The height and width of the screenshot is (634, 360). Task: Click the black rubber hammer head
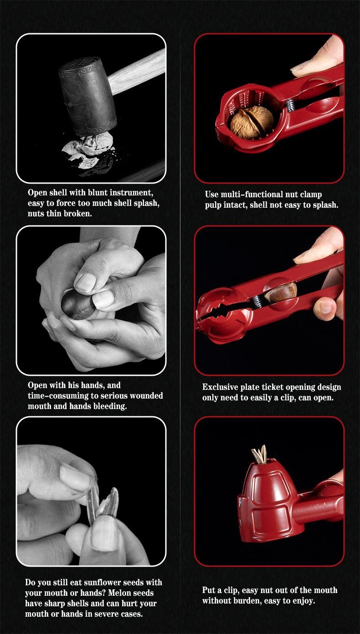coord(87,95)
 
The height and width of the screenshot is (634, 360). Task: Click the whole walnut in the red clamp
coord(252,123)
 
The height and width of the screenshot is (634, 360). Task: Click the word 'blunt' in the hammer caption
coord(98,193)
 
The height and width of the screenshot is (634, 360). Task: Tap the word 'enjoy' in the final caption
coord(303,601)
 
